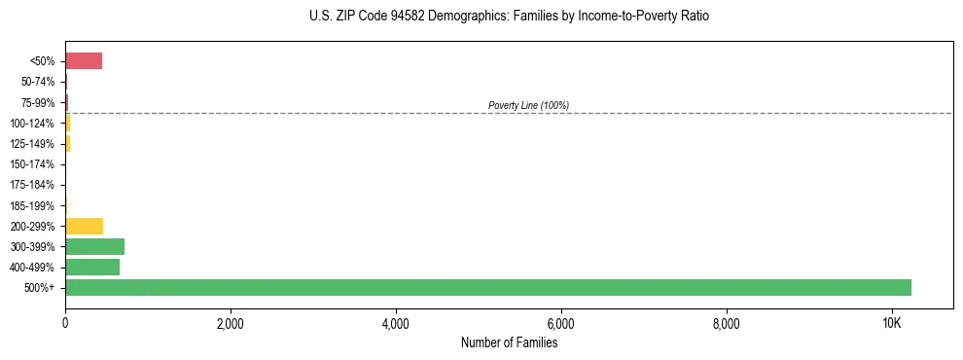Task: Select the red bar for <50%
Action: pyautogui.click(x=84, y=61)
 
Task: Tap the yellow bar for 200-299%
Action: pyautogui.click(x=84, y=226)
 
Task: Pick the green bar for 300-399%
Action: pyautogui.click(x=94, y=246)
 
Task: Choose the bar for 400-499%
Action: pyautogui.click(x=92, y=267)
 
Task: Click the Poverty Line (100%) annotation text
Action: pyautogui.click(x=528, y=105)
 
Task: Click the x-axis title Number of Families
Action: pyautogui.click(x=509, y=342)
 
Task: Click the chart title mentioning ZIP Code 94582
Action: pyautogui.click(x=509, y=17)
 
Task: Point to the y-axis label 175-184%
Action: pyautogui.click(x=32, y=185)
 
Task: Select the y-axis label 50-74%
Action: pyautogui.click(x=37, y=82)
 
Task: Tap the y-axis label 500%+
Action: pyautogui.click(x=41, y=288)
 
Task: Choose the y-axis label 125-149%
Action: pyautogui.click(x=32, y=144)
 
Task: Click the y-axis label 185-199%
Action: pyautogui.click(x=32, y=205)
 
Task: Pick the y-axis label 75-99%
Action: pyautogui.click(x=37, y=102)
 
